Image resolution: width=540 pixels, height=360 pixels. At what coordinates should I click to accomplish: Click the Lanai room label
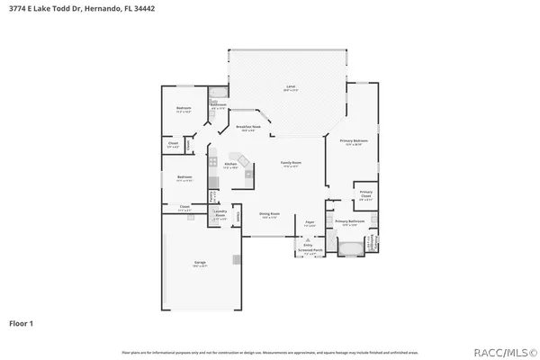(291, 88)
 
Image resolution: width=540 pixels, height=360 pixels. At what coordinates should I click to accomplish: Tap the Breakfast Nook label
(248, 129)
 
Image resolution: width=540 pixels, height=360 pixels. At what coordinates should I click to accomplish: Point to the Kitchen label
(217, 165)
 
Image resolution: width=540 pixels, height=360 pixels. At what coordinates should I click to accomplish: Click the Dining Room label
(267, 215)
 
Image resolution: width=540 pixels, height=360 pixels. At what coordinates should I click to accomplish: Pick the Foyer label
(309, 222)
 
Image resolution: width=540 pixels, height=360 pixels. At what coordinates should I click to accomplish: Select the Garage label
(200, 264)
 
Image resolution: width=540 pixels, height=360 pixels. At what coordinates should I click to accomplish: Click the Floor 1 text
(22, 321)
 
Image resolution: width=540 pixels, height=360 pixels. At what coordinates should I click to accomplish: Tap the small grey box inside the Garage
(236, 260)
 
